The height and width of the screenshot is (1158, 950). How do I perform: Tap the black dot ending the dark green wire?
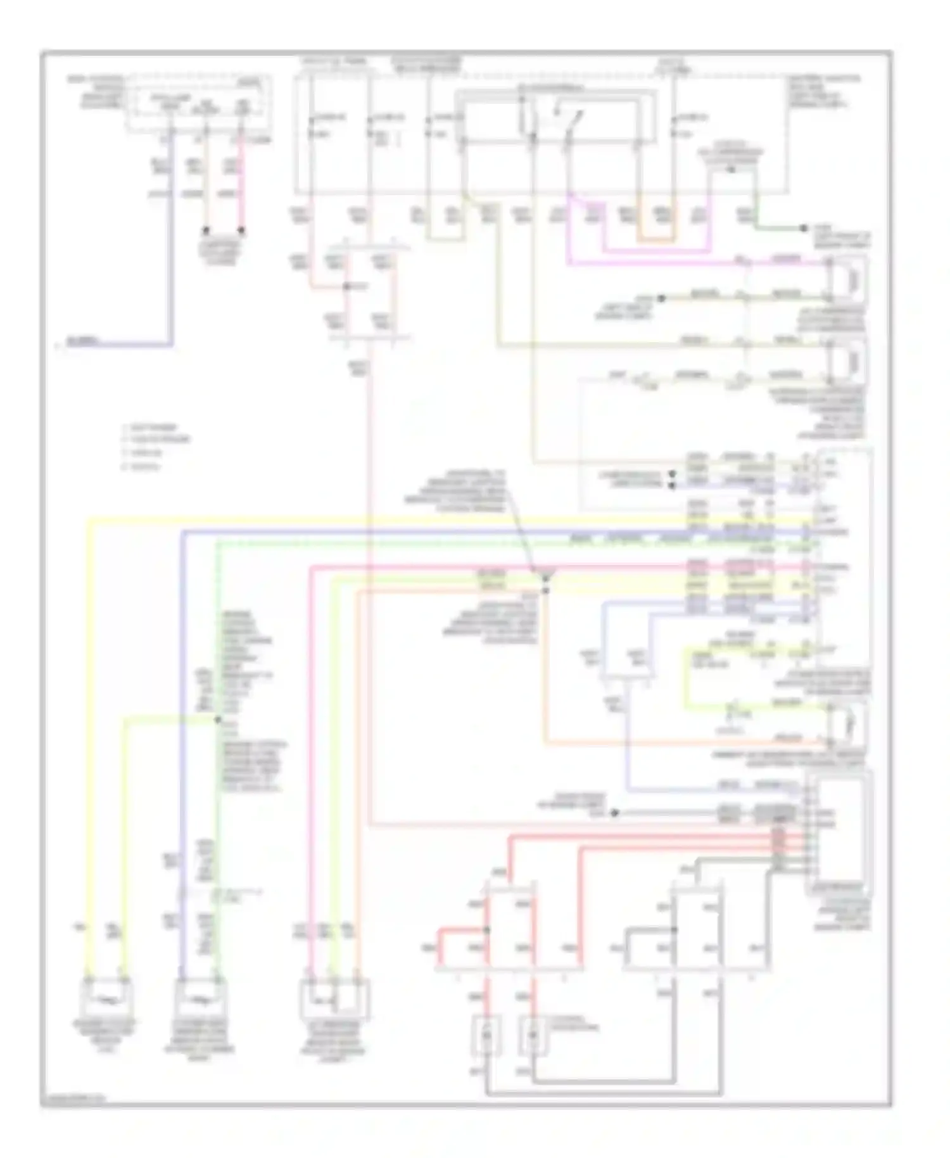click(803, 228)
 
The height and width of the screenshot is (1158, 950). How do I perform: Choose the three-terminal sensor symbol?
click(334, 1000)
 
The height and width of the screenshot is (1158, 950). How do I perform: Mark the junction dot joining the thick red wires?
click(486, 930)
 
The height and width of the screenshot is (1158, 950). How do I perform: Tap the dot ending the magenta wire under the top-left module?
click(241, 231)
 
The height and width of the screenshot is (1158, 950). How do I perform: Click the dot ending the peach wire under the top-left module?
click(205, 231)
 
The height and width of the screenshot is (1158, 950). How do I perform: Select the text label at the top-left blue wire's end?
click(83, 342)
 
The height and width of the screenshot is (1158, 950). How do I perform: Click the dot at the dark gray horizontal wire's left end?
click(614, 813)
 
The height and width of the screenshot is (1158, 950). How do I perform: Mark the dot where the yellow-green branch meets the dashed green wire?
click(218, 720)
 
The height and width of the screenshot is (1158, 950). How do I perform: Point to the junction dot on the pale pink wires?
click(346, 287)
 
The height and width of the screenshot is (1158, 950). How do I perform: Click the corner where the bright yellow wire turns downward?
click(89, 521)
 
